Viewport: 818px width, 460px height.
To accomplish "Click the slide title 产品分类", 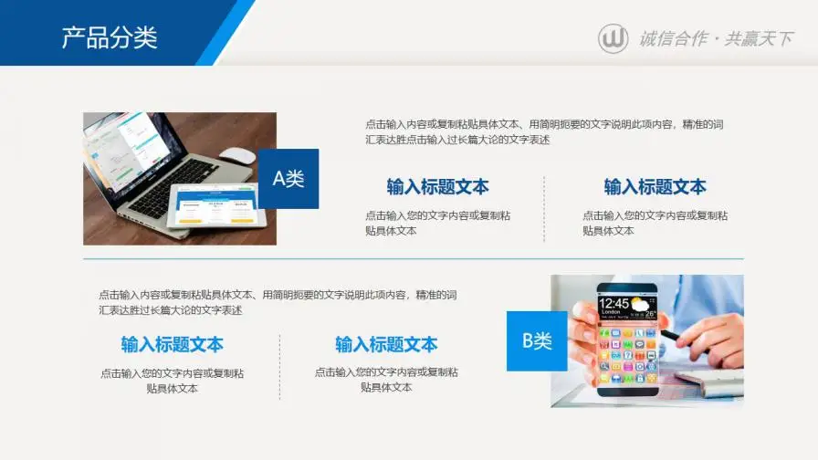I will (110, 37).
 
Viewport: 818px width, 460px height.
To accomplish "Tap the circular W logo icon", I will (613, 38).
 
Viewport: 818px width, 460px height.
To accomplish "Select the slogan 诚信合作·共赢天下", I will (716, 38).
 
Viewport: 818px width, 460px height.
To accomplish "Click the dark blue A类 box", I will (288, 179).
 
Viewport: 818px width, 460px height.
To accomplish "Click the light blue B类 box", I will (537, 341).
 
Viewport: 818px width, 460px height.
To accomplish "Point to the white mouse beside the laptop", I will (237, 156).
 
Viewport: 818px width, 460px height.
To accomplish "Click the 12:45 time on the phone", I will (614, 303).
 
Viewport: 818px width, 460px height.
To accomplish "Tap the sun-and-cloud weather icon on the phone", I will (644, 304).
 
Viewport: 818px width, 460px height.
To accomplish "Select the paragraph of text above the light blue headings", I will (278, 302).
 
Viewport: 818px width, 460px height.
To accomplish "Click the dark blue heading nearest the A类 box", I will (437, 187).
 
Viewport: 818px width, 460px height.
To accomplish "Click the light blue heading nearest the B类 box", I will (386, 344).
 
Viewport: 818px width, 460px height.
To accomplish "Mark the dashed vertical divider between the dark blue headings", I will (544, 209).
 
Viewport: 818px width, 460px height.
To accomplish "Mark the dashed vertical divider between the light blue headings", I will (280, 366).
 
